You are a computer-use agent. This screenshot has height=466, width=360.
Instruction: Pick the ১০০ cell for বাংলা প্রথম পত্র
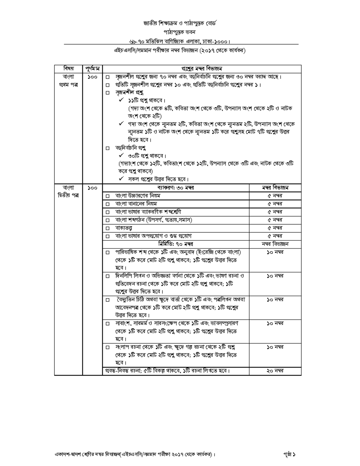point(92,77)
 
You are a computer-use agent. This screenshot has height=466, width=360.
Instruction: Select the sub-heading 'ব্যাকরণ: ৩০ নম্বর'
point(175,188)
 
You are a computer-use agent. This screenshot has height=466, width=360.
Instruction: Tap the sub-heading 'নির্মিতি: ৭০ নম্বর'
point(175,244)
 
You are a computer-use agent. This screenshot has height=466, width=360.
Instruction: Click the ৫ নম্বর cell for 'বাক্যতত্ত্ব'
point(275,228)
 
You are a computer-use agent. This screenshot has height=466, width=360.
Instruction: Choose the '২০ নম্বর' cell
point(275,371)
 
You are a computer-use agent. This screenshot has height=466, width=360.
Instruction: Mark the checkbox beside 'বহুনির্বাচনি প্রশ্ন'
point(108,148)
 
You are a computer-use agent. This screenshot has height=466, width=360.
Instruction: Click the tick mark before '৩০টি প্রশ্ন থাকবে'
point(121,156)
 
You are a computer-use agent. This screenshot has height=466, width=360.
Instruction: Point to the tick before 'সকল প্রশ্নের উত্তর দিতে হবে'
point(121,179)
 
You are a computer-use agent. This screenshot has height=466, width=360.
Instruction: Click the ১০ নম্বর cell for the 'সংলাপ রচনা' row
point(275,347)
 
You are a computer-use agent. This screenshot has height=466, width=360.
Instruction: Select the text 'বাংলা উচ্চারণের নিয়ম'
point(138,196)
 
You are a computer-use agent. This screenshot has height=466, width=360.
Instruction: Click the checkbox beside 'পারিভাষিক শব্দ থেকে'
point(108,253)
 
